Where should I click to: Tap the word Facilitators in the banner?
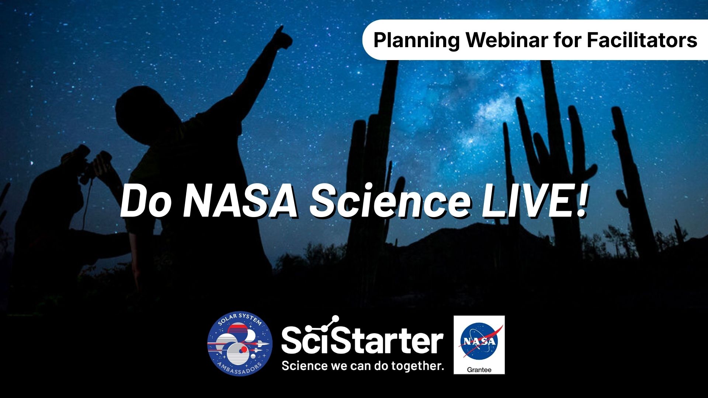tap(642, 40)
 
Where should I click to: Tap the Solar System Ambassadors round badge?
tap(240, 343)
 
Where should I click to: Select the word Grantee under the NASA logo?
tap(479, 370)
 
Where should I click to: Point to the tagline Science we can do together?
tap(362, 366)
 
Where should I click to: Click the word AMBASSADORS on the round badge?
tap(240, 369)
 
